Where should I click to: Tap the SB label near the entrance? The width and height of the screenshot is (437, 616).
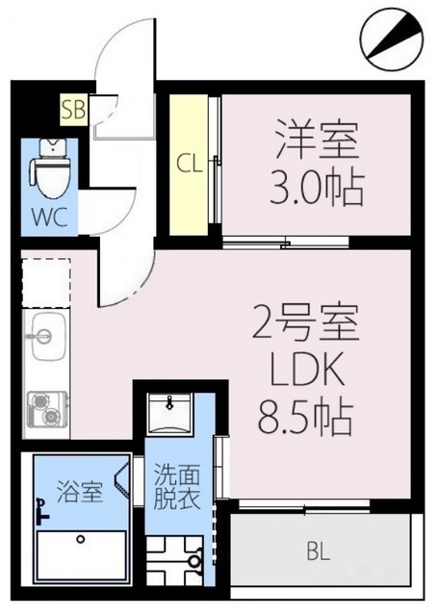[x=73, y=108]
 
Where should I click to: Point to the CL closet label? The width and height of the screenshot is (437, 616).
[x=189, y=163]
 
